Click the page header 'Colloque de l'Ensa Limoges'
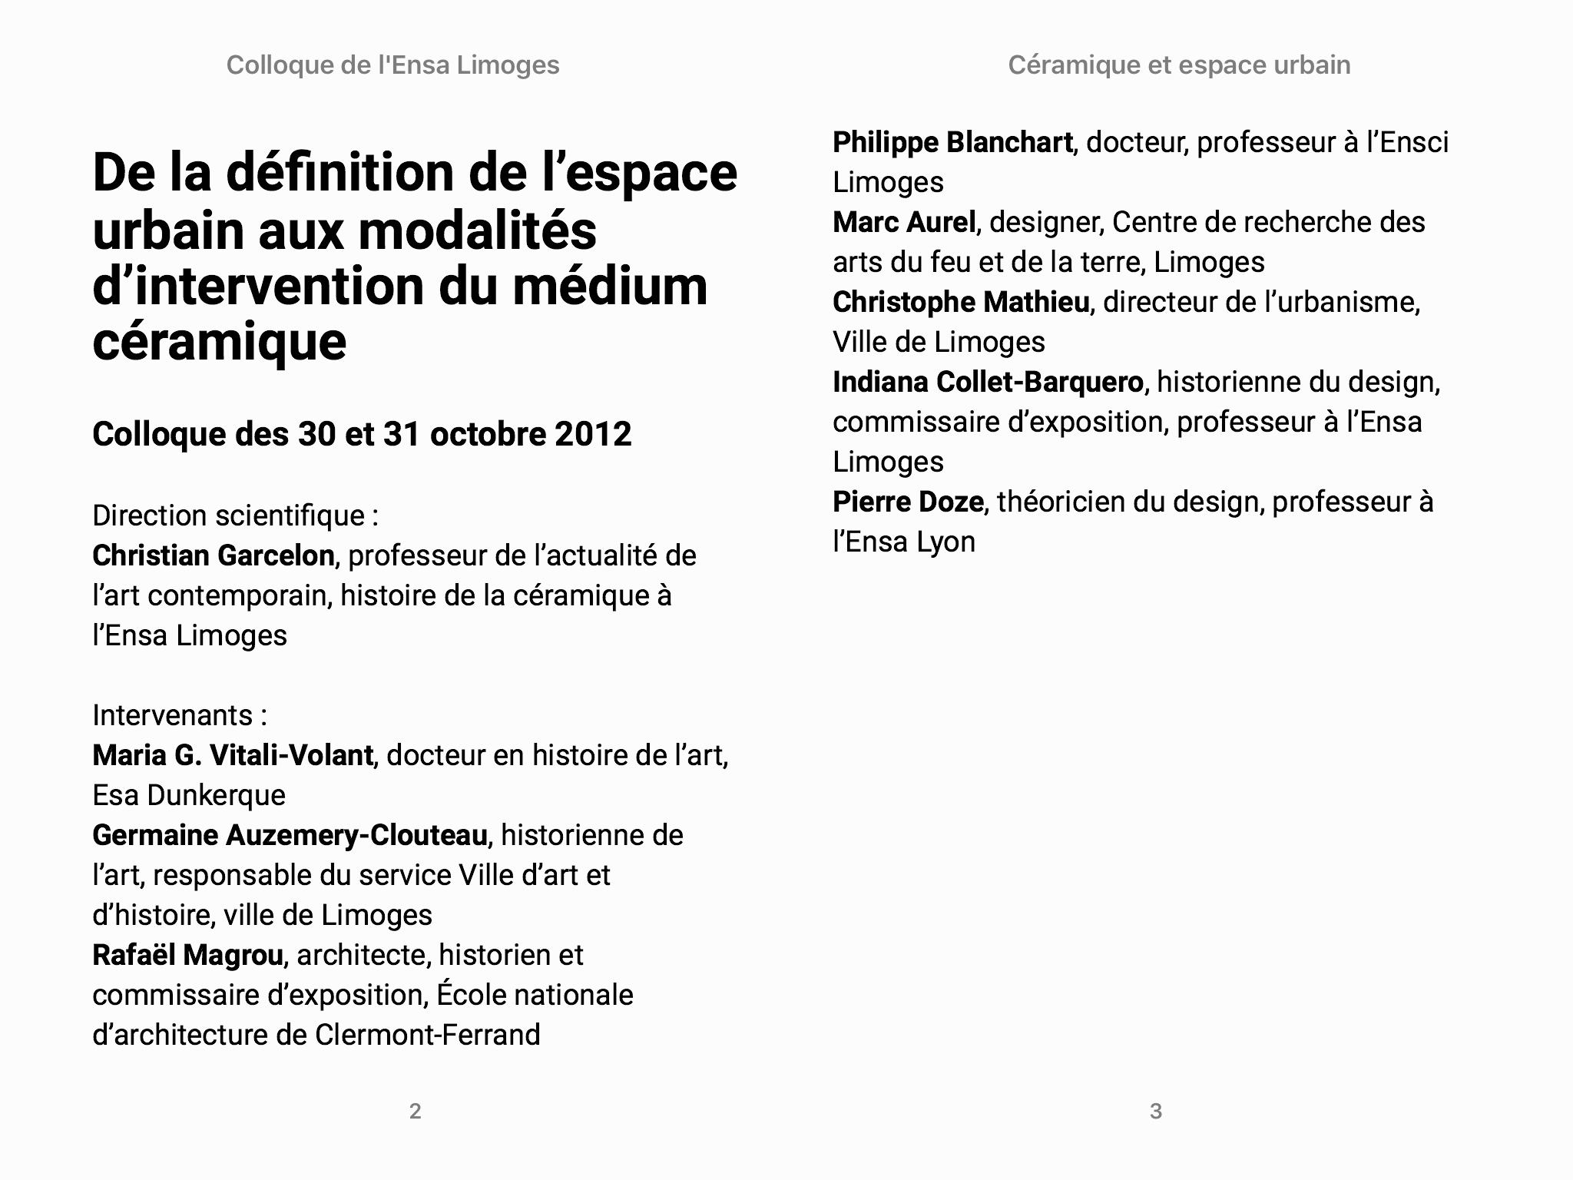[392, 65]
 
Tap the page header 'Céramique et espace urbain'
[1179, 65]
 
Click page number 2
[415, 1111]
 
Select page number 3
[1155, 1111]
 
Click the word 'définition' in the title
[340, 173]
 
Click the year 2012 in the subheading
[593, 434]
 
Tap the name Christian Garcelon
[213, 555]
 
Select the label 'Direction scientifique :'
[235, 515]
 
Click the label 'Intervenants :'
[180, 715]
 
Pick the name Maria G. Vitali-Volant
[232, 755]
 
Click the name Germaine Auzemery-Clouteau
[290, 835]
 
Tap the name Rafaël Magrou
[187, 955]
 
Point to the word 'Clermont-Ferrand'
[428, 1035]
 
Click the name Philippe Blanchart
[952, 142]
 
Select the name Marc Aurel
[904, 222]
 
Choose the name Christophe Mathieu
[961, 302]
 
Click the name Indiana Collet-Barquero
[988, 382]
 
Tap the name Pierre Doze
[908, 502]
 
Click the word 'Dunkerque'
[216, 795]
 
